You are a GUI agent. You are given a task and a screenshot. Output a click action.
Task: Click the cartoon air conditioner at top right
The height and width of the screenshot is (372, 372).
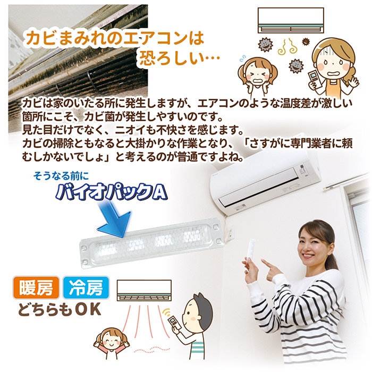coord(290,22)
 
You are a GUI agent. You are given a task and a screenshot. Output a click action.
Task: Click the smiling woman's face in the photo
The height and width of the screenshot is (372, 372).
coord(314,242)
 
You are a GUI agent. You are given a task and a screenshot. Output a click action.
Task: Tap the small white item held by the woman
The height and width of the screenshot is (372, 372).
coord(252,250)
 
